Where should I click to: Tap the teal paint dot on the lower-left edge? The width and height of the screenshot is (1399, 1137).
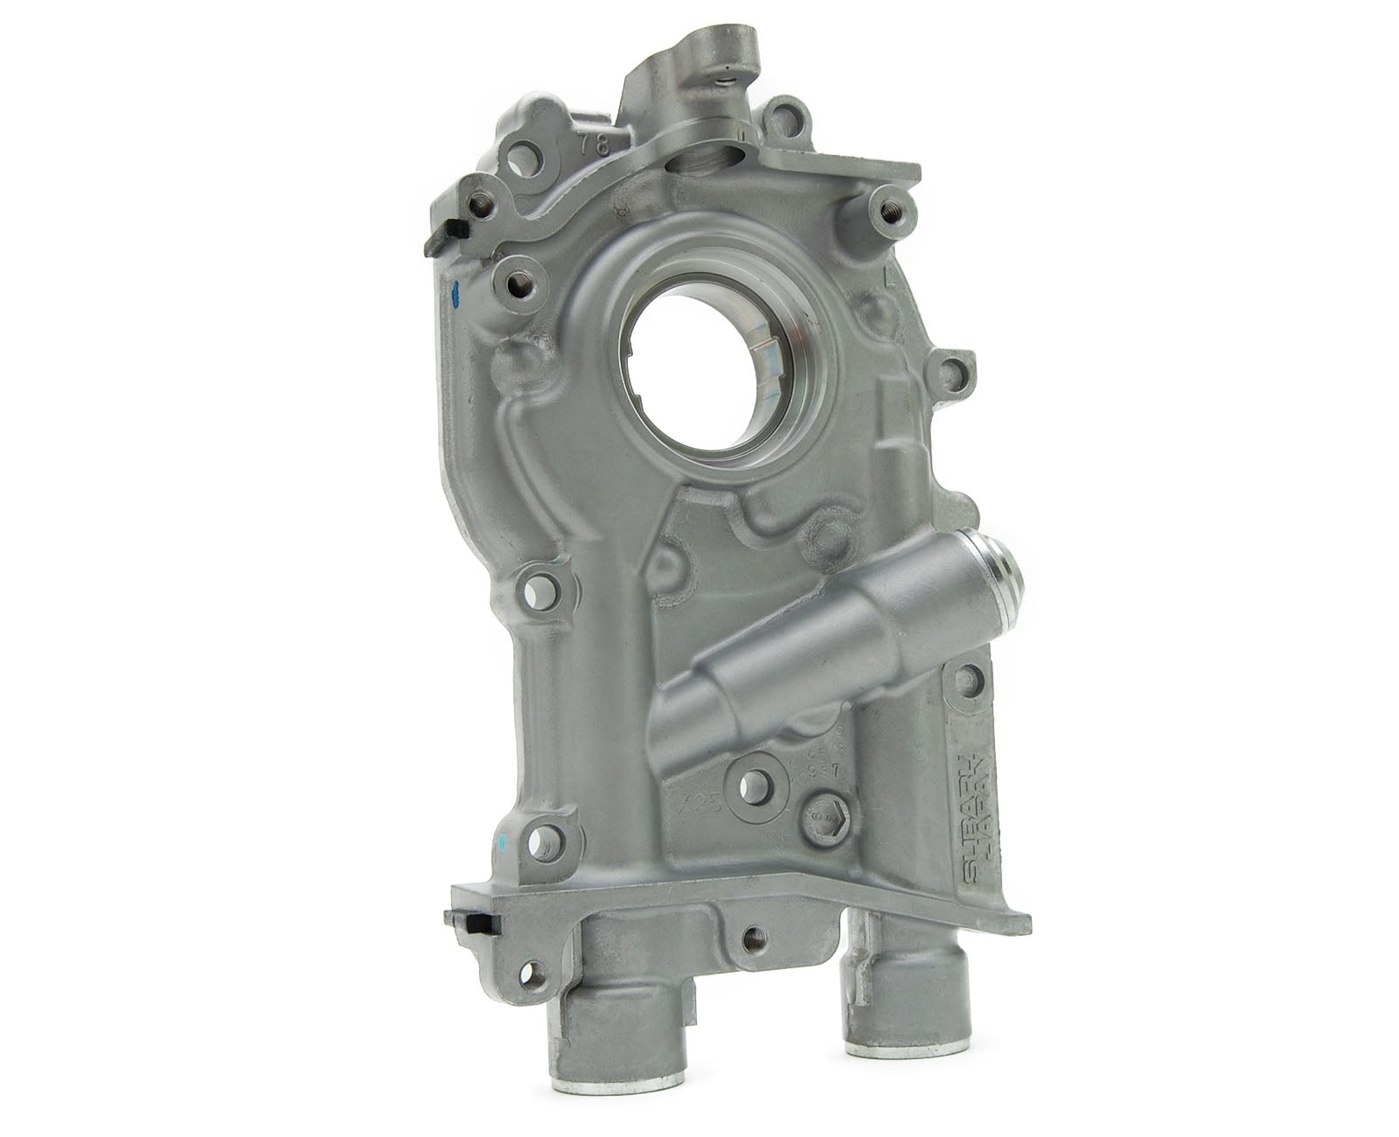coord(501,841)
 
